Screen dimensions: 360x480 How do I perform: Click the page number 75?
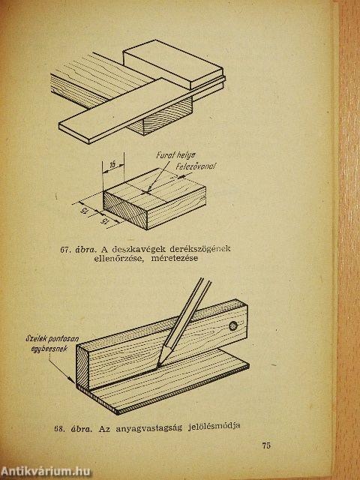[x=266, y=445]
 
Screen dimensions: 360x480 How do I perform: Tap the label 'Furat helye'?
[x=175, y=155]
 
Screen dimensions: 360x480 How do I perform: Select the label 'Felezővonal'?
[x=196, y=166]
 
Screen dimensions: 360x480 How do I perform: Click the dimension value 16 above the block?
[x=113, y=165]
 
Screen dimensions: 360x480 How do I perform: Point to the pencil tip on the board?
[x=158, y=364]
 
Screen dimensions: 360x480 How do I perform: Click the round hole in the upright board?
[x=233, y=325]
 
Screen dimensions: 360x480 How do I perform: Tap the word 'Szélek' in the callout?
[x=36, y=338]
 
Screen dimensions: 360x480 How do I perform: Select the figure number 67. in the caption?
[x=65, y=250]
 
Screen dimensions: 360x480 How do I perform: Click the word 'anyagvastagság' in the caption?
[x=148, y=427]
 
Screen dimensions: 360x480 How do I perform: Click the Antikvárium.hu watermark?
[x=46, y=471]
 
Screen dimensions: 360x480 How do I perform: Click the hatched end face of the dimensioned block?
[x=125, y=210]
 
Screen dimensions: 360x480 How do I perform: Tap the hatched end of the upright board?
[x=82, y=367]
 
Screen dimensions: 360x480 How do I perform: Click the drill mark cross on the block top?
[x=147, y=192]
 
